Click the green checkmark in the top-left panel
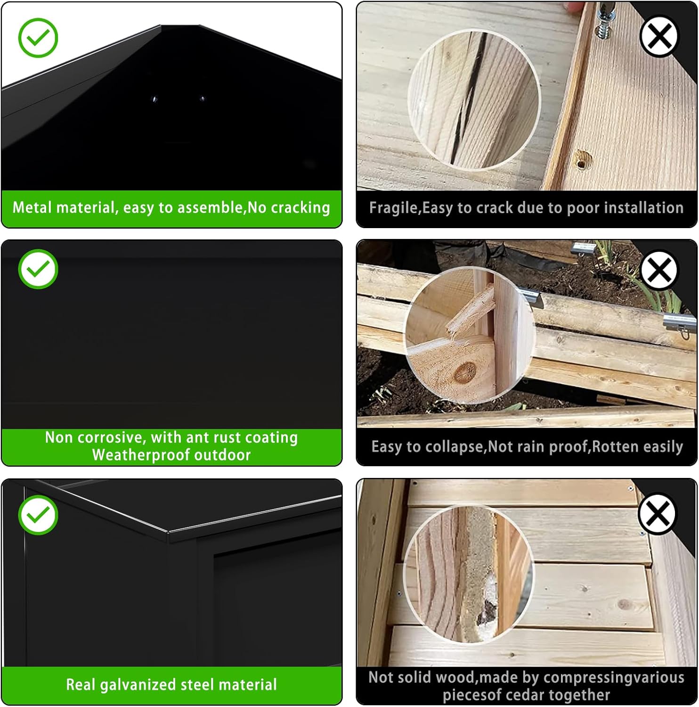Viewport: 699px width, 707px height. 38,38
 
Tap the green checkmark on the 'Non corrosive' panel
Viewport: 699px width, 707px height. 38,269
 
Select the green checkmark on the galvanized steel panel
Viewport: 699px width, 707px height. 38,514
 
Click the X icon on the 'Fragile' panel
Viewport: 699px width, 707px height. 659,36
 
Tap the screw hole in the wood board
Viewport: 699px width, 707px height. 582,162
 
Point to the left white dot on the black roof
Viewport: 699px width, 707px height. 154,99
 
